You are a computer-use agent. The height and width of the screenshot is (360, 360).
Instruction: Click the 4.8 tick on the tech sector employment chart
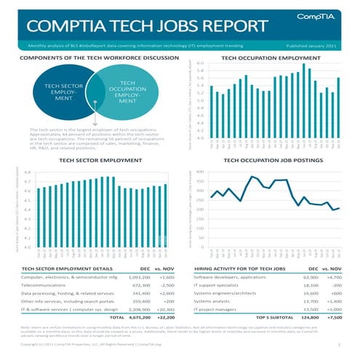(27, 173)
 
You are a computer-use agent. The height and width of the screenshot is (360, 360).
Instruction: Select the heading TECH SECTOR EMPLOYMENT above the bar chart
(95, 159)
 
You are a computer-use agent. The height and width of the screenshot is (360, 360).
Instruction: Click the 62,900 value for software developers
(310, 277)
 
